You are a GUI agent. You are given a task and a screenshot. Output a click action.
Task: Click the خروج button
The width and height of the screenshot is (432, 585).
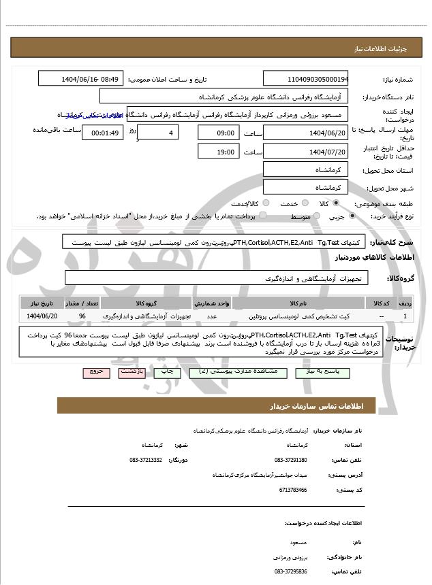point(94,372)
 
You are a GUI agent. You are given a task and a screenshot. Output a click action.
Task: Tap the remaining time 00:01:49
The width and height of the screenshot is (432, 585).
point(102,133)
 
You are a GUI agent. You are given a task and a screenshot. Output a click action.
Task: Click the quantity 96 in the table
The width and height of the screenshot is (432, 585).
point(82,316)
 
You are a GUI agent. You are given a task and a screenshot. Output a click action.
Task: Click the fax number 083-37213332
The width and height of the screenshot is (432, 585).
point(145,461)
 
